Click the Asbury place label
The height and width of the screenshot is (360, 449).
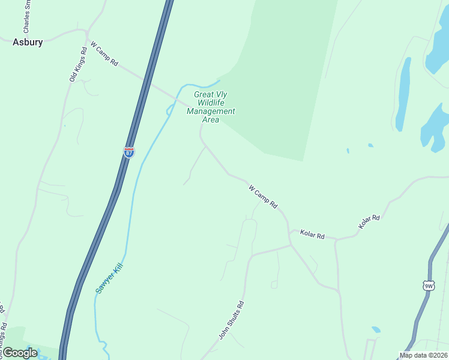(28, 43)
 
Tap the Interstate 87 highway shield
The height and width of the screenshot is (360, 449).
(129, 152)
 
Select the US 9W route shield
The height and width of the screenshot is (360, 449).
(428, 286)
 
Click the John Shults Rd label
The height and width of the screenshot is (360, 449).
(231, 320)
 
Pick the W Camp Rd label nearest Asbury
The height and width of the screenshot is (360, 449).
(104, 54)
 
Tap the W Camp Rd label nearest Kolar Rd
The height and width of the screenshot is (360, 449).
(264, 197)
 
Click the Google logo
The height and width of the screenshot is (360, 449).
(20, 353)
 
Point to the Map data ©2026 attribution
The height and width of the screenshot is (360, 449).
(423, 355)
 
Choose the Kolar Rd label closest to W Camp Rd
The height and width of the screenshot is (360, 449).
(312, 235)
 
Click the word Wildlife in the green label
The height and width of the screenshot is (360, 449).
(211, 103)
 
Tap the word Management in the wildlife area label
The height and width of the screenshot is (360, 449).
(211, 111)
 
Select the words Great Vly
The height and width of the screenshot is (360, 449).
(211, 94)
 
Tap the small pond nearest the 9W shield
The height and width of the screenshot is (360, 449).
(376, 329)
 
